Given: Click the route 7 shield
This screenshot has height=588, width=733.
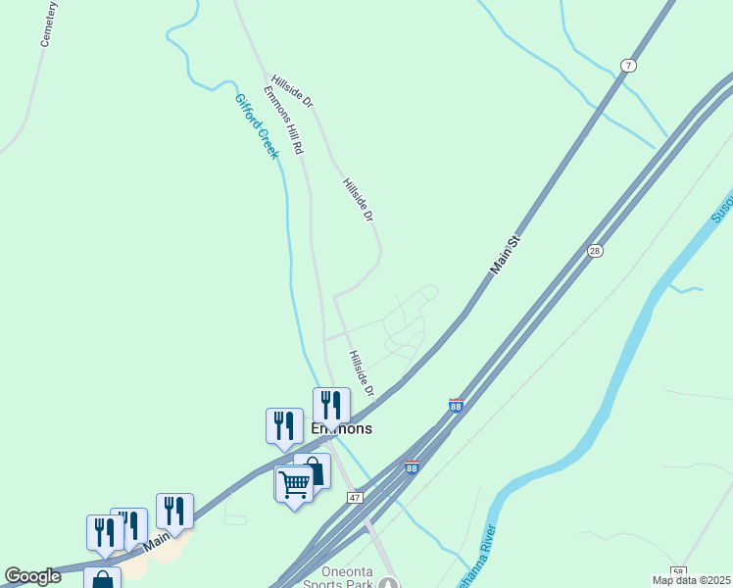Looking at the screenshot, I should (628, 66).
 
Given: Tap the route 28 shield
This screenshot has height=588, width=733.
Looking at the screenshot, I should (595, 251).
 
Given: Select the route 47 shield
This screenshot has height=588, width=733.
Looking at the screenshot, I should (355, 498).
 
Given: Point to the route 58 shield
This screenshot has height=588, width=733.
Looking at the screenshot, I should (678, 571).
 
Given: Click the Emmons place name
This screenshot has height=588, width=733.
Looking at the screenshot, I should (341, 429).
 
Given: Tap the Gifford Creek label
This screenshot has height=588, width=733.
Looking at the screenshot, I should (257, 125).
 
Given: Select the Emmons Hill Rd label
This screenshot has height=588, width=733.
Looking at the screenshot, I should (284, 120).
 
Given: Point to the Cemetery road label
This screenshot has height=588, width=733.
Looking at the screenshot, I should (48, 24).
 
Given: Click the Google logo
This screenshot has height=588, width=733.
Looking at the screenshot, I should (32, 576).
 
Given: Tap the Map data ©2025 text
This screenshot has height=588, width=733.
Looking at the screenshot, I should (692, 580).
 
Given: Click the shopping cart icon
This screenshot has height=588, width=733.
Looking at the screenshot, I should (294, 483).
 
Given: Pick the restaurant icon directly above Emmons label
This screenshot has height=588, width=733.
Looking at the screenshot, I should (331, 404).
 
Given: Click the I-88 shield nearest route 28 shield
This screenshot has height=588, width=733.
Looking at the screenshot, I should (456, 405).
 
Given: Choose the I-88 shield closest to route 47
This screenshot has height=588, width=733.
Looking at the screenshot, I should (412, 467).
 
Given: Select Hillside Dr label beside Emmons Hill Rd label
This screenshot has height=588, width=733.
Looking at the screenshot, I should (292, 90).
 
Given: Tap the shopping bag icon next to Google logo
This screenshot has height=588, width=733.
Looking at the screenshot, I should (102, 579).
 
